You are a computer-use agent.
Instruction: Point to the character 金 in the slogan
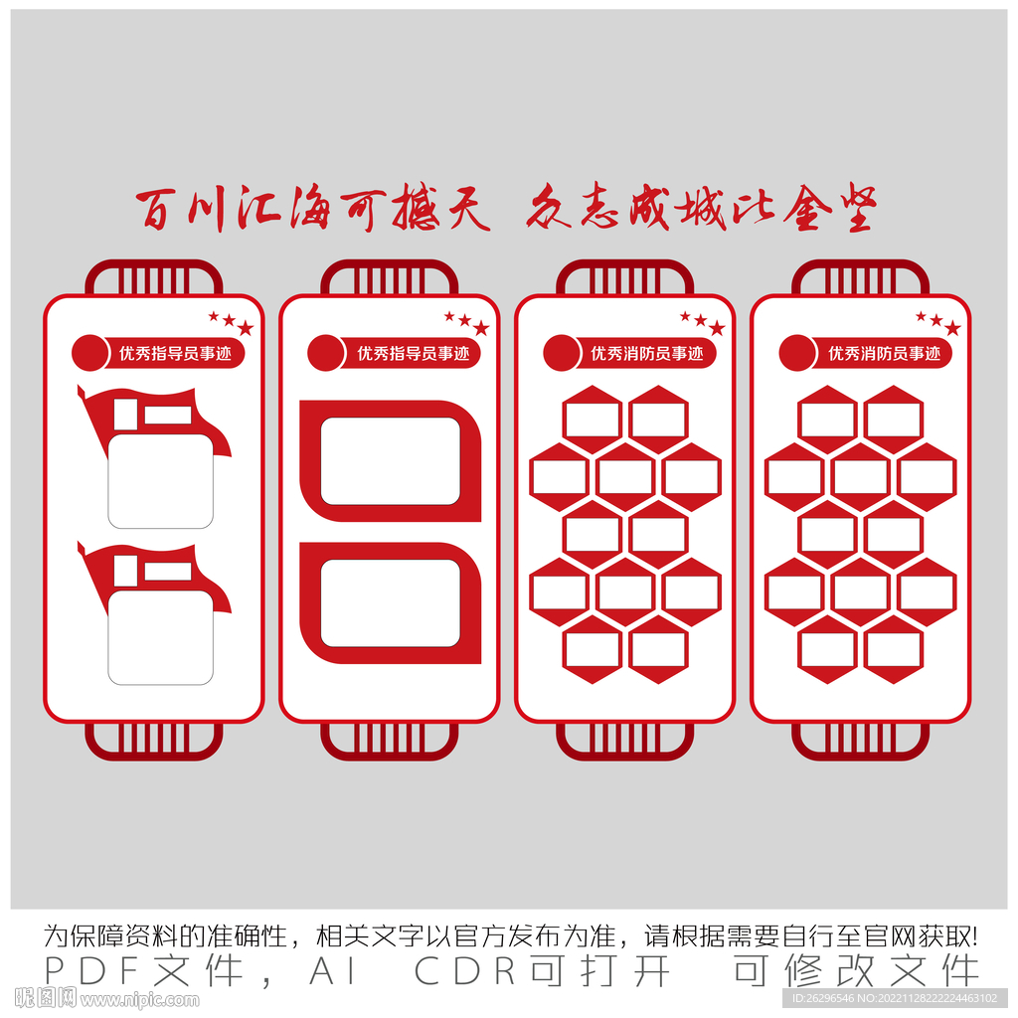pos(807,209)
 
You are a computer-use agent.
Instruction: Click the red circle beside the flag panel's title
pos(90,353)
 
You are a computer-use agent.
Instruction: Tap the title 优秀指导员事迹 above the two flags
pos(175,354)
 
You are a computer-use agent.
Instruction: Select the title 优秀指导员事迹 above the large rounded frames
pos(413,354)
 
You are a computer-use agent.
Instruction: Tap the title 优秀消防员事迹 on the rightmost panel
pos(884,354)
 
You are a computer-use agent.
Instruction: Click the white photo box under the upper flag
pos(160,481)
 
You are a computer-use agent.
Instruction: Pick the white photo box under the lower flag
pos(160,637)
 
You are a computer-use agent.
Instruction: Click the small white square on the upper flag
pos(125,415)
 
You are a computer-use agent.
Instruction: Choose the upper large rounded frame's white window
pos(390,461)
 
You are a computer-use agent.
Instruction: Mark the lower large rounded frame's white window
pos(390,603)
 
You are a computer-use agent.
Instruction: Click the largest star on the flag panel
pos(246,328)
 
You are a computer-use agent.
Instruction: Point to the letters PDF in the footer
pos(92,971)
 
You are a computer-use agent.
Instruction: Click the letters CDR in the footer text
pos(465,971)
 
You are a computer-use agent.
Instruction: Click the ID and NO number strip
pos(895,998)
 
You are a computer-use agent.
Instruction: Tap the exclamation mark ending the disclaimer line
pos(974,936)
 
